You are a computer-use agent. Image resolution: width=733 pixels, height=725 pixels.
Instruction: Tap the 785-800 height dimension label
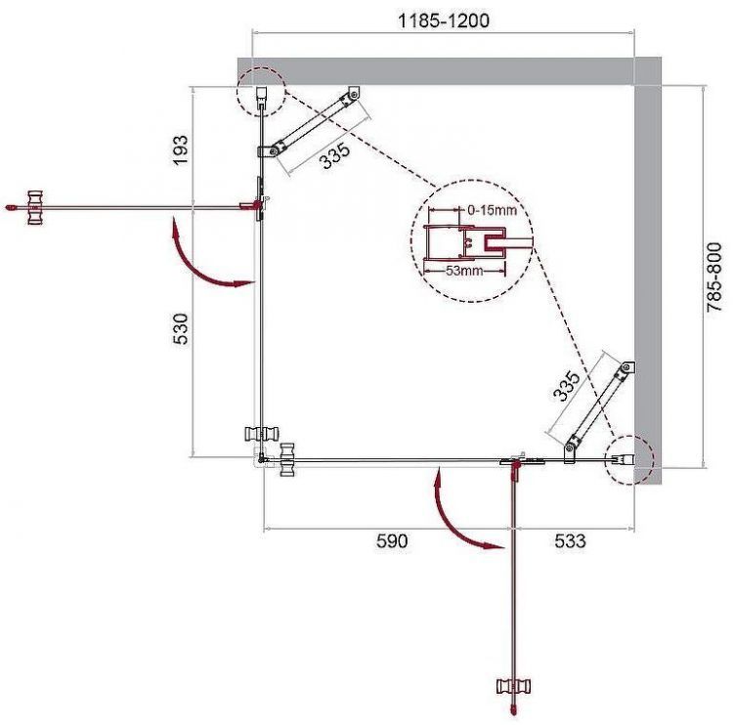point(716,277)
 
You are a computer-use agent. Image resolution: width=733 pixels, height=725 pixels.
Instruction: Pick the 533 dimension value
point(564,540)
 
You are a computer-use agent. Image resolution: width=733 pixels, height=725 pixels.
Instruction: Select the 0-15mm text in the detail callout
point(492,210)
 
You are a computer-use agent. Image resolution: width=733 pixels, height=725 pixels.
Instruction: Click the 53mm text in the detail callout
point(464,271)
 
